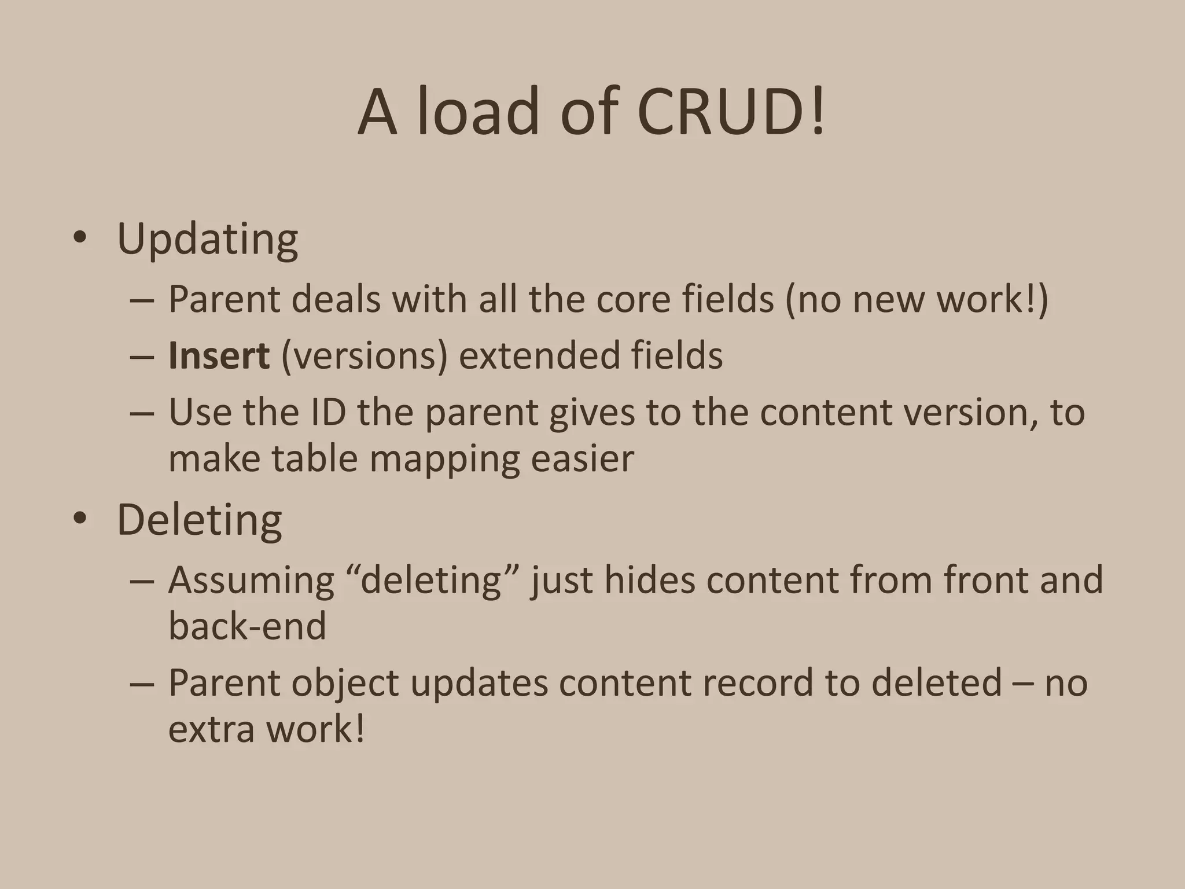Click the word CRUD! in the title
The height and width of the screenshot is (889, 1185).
click(x=731, y=111)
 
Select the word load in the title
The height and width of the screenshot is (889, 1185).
click(x=478, y=111)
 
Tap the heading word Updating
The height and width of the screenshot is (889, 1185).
click(x=207, y=238)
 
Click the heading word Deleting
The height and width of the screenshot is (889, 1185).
click(x=199, y=520)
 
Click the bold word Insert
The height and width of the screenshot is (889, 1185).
click(x=219, y=355)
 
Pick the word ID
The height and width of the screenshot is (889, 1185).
click(x=328, y=412)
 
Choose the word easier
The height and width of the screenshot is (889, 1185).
click(x=582, y=460)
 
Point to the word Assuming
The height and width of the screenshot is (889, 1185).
click(x=251, y=580)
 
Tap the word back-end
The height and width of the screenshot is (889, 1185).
click(x=247, y=626)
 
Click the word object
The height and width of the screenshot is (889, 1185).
click(x=345, y=683)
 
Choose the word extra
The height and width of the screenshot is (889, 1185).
click(x=211, y=729)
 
